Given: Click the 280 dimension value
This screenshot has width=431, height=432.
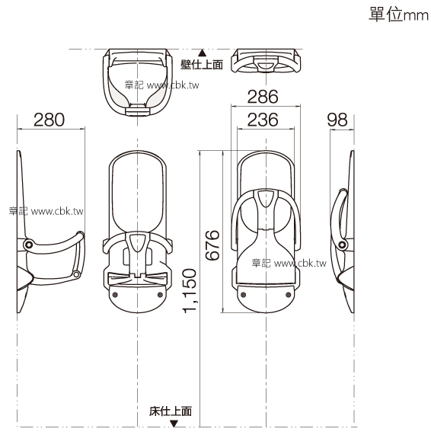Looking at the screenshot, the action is point(49,120).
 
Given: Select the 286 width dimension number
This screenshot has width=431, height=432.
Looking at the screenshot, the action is point(263,97).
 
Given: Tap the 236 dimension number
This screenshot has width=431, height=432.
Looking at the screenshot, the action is point(263,120).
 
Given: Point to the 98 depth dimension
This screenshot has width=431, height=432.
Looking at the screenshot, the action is point(337,120).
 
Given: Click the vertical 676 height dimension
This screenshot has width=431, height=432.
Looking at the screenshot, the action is point(212,245).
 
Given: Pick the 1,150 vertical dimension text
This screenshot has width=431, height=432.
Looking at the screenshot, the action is point(190,290).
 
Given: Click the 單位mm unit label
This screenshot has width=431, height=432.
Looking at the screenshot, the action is point(399,14).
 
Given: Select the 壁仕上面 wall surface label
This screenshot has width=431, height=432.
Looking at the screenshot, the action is point(202,65).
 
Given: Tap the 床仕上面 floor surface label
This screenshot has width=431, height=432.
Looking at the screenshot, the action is point(171,411).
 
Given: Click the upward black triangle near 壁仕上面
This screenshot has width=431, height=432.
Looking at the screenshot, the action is point(203,53).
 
